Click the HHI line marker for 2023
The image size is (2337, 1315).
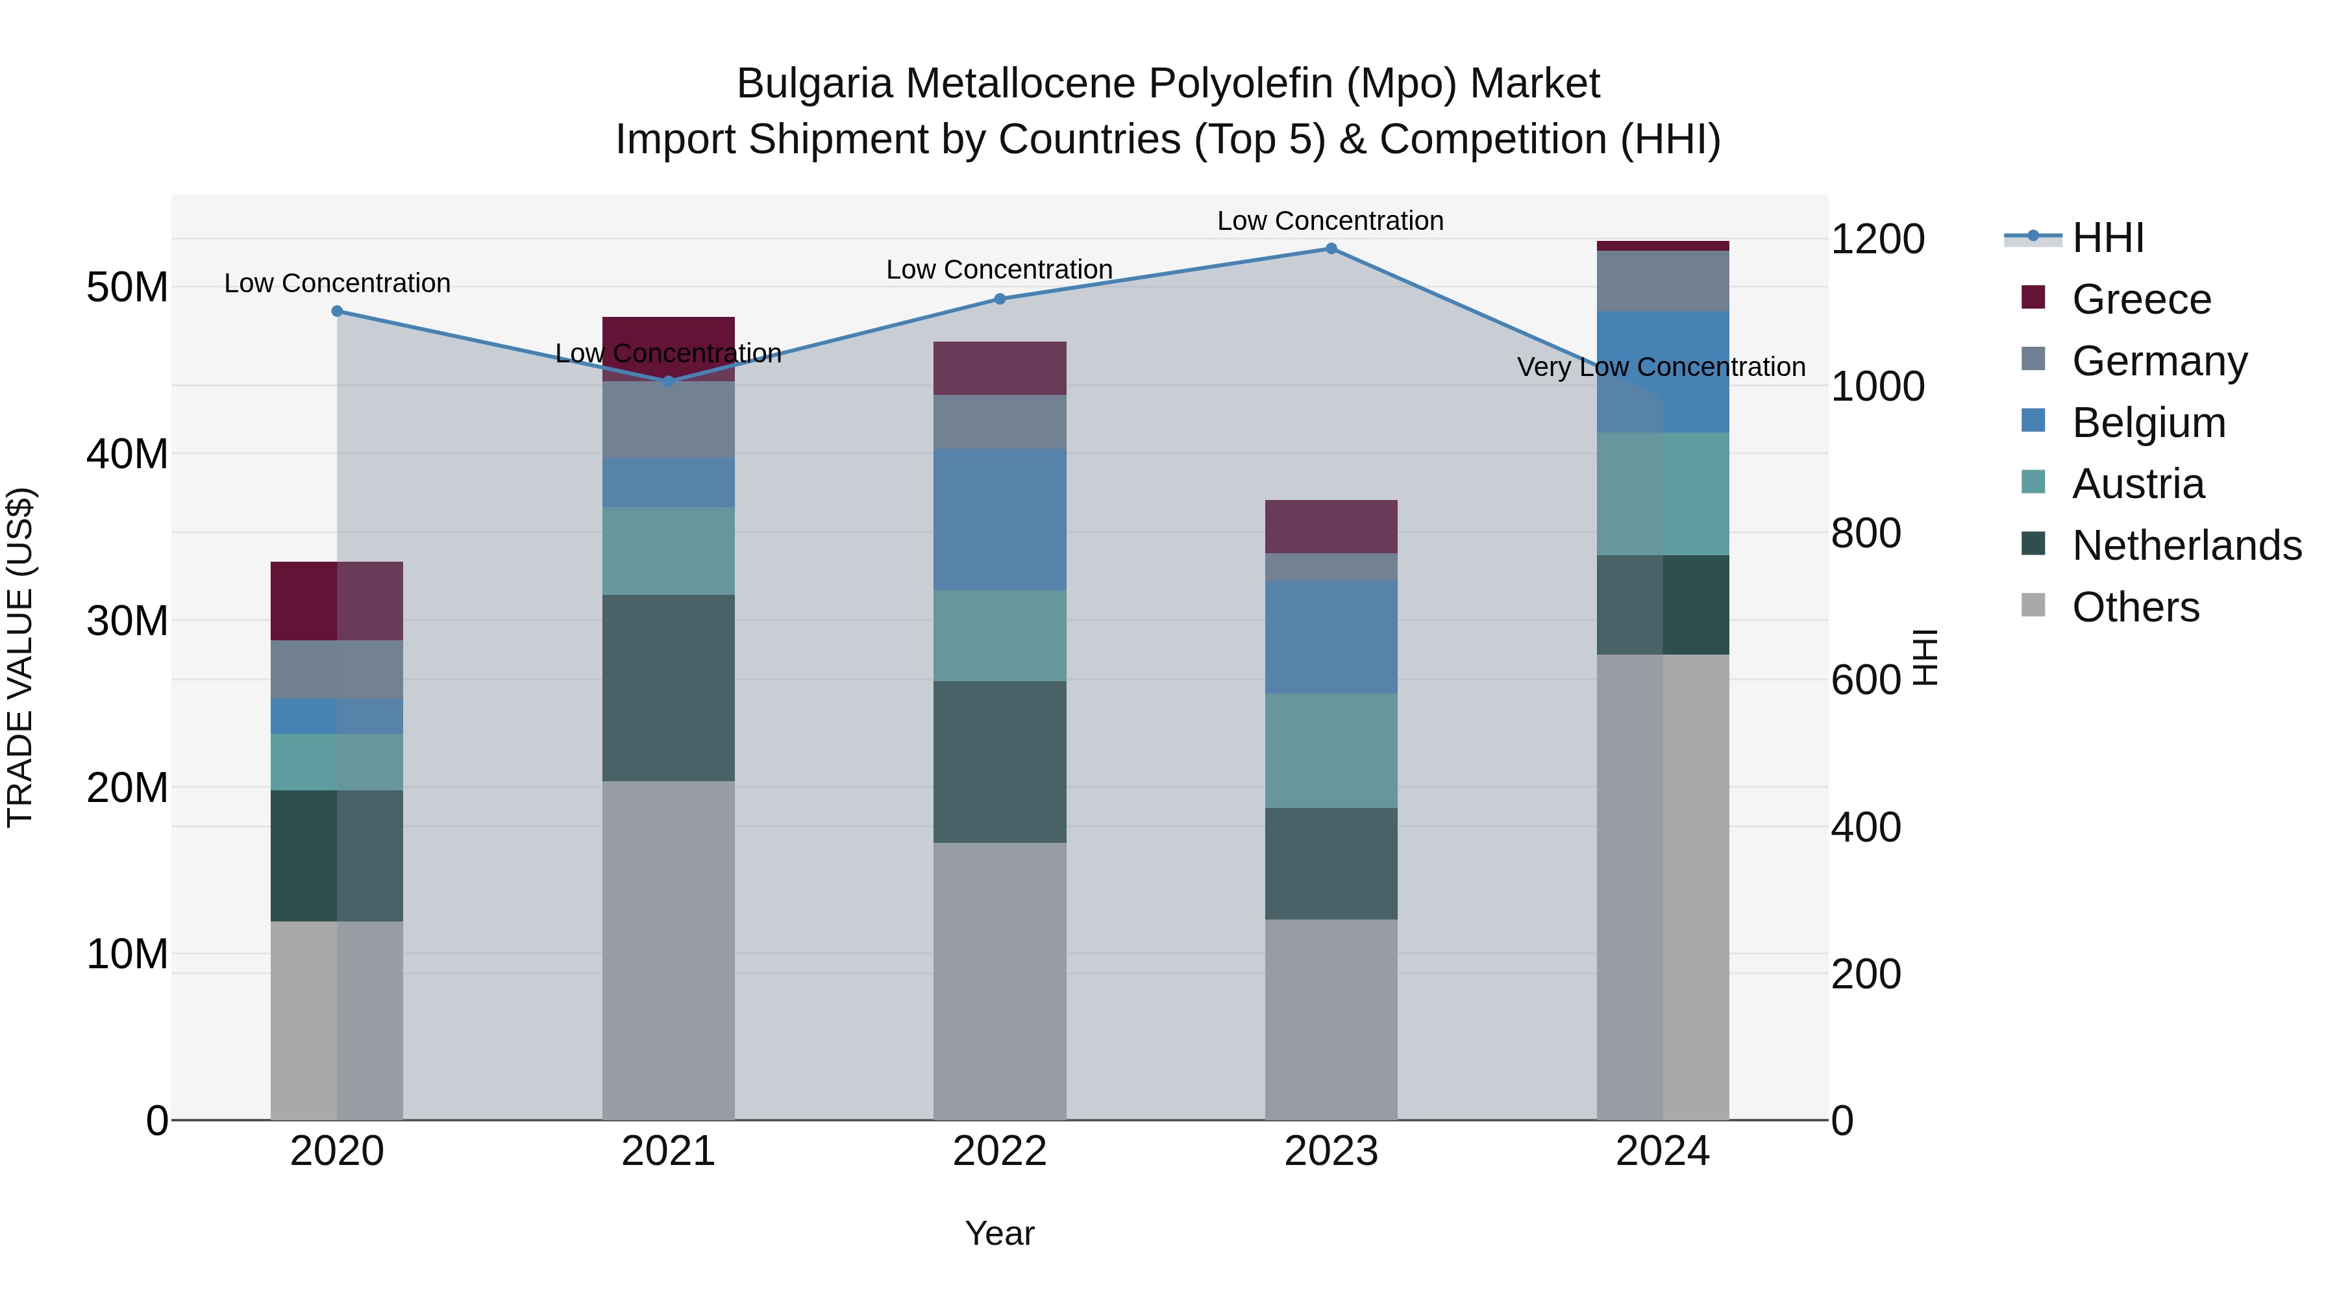tap(1331, 249)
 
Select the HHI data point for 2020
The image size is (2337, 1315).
tap(338, 311)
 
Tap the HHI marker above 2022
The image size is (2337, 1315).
tap(1000, 299)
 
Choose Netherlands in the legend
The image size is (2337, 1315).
tap(2186, 545)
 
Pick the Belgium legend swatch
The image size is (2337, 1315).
tap(2034, 421)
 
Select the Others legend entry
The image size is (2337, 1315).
tap(2136, 607)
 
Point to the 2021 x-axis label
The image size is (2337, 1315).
tap(669, 1151)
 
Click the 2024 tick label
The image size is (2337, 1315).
tap(1662, 1151)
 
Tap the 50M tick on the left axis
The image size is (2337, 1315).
tap(127, 288)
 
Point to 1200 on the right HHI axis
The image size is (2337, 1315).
tap(1877, 240)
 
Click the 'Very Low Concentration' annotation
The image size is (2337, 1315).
tap(1661, 368)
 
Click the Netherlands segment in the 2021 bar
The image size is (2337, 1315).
tap(669, 687)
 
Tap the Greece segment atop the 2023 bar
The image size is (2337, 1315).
tap(1331, 527)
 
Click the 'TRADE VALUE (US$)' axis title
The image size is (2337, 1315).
tap(20, 657)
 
